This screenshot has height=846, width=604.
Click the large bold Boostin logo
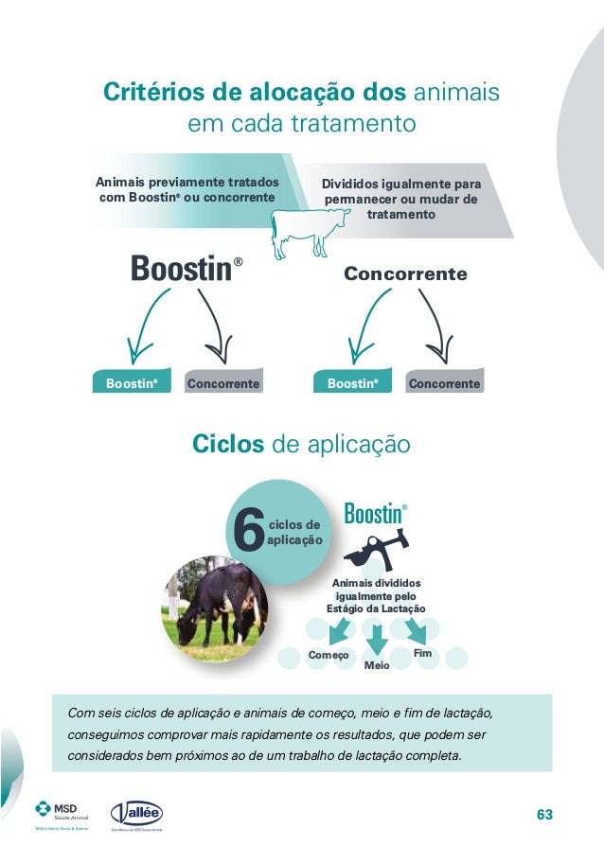point(181,269)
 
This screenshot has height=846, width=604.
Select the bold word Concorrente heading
point(405,274)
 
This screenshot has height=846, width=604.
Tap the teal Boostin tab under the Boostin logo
point(131,384)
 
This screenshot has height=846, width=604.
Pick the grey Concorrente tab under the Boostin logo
point(223,384)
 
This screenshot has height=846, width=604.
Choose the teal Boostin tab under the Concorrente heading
point(352,384)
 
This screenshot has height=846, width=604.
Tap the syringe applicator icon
point(375,552)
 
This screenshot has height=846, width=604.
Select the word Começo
point(329,656)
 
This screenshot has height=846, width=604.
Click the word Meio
point(377,666)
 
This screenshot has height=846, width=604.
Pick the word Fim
point(423,654)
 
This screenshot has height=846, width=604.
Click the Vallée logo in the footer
point(137,814)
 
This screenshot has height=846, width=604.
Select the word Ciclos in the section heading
point(228,444)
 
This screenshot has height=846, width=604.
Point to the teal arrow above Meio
point(377,642)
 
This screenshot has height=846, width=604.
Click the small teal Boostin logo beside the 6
point(374,515)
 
